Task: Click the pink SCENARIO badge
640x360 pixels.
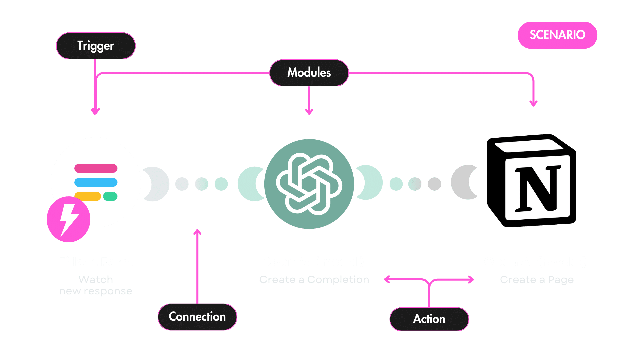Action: point(557,35)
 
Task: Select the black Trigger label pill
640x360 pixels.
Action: point(96,46)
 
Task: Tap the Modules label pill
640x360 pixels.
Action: point(309,73)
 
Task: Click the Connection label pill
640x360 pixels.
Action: point(197,317)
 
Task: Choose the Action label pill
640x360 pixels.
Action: point(429,319)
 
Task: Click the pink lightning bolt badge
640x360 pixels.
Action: point(69,219)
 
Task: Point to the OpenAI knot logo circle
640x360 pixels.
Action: point(309,184)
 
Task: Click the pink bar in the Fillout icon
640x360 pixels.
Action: point(96,168)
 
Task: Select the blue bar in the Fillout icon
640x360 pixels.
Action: point(96,182)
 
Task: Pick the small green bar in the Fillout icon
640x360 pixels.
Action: point(110,196)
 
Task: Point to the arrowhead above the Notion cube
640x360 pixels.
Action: point(533,103)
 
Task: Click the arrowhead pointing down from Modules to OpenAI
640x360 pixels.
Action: point(309,112)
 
